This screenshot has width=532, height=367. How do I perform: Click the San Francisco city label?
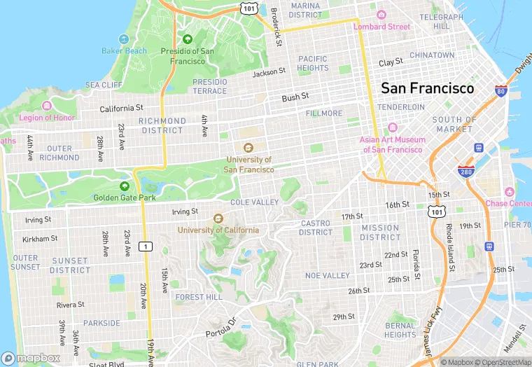[x=427, y=88]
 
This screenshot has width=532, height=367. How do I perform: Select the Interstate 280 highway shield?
[x=465, y=170]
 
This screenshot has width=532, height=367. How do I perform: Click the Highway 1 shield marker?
[x=146, y=246]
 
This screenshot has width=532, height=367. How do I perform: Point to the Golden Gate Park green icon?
[x=125, y=186]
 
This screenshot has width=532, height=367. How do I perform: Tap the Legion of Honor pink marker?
[x=47, y=106]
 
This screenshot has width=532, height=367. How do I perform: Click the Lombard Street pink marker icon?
[x=381, y=15]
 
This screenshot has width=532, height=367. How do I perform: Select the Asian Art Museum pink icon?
[x=392, y=127]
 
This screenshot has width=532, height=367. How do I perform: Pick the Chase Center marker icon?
[x=509, y=192]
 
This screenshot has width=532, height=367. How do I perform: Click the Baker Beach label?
[x=124, y=50]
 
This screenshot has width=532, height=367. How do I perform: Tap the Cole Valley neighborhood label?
[x=254, y=202]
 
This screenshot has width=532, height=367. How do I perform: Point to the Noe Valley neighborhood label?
[x=327, y=276]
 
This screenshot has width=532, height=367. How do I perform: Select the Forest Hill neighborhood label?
[x=199, y=297]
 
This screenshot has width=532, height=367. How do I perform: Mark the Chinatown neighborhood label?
[x=432, y=55]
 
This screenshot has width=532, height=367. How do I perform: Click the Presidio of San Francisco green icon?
[x=187, y=40]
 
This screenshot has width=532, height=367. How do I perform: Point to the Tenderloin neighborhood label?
[x=401, y=107]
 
